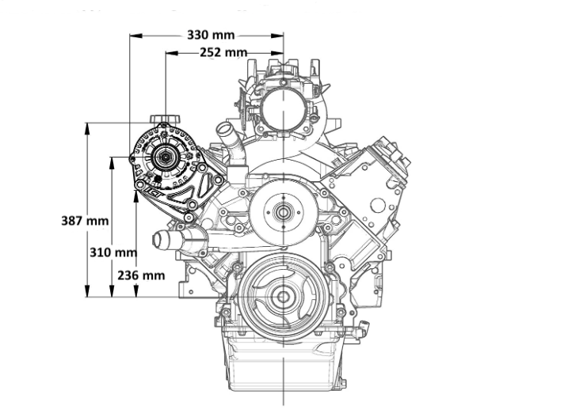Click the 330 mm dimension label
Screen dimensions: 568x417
[x=211, y=35]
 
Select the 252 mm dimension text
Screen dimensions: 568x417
[x=223, y=52]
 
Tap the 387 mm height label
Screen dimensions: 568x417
[x=85, y=220]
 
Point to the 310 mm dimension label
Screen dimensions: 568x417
[x=113, y=252]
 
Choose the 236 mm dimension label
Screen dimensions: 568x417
[x=141, y=275]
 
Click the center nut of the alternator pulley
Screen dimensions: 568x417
[x=166, y=157]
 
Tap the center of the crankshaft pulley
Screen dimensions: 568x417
[x=283, y=297]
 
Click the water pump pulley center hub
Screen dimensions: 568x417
[x=283, y=213]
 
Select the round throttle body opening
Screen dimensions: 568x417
[x=284, y=108]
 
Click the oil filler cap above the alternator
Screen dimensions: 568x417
[x=165, y=119]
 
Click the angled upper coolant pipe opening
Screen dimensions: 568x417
[x=225, y=128]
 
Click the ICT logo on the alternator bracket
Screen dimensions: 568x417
[x=153, y=193]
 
